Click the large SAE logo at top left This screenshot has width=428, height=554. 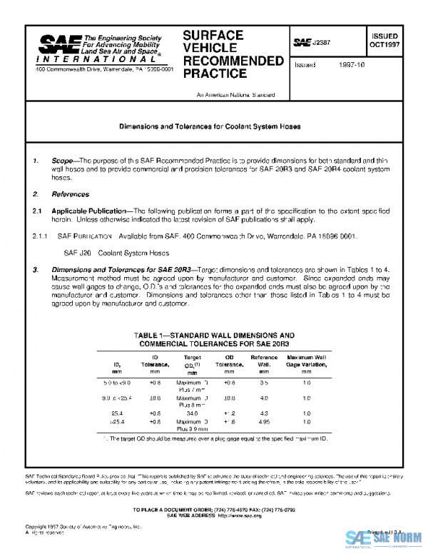pos(58,46)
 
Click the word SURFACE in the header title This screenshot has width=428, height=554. pos(213,35)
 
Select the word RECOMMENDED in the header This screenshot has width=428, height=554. pos(233,61)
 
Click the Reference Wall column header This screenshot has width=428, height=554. pos(264,362)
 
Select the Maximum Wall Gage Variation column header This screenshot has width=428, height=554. pos(307,362)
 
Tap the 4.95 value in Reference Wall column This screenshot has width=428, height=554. pos(264,422)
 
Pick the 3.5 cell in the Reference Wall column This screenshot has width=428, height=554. pos(264,383)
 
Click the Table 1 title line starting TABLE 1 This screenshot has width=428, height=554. pos(214,335)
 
